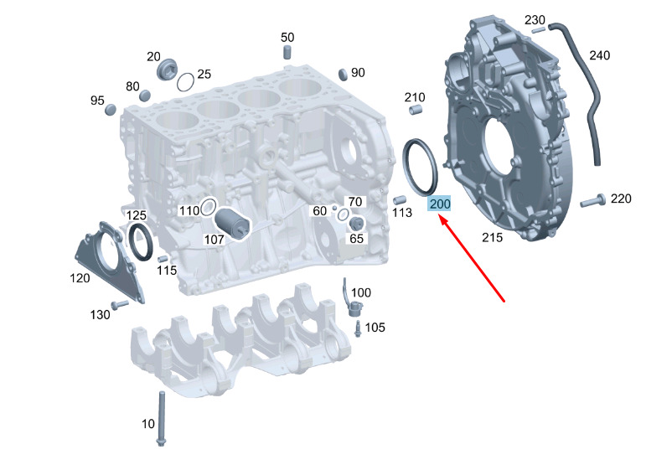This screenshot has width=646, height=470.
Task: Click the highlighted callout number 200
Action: click(x=440, y=204)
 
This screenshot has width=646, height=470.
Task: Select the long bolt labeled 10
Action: click(x=161, y=419)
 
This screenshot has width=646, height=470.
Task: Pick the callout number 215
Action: click(x=493, y=237)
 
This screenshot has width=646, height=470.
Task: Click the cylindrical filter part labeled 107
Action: click(x=232, y=224)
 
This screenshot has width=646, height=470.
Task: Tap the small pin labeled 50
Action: click(x=287, y=52)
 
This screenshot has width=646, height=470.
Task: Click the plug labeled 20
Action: click(x=167, y=70)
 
